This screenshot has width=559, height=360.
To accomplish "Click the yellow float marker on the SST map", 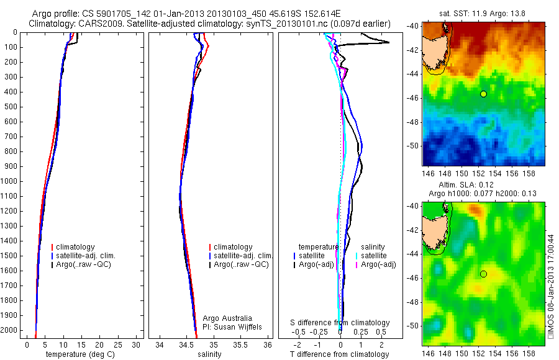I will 483,94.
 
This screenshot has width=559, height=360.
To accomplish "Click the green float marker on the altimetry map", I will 483,274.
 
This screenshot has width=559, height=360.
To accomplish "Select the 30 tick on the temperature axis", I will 137,344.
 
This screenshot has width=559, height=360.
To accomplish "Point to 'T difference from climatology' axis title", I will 340,354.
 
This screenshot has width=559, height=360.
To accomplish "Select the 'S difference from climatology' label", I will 340,323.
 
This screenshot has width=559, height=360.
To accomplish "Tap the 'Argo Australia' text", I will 227,318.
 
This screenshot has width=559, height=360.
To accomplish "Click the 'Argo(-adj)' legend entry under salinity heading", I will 378,265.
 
